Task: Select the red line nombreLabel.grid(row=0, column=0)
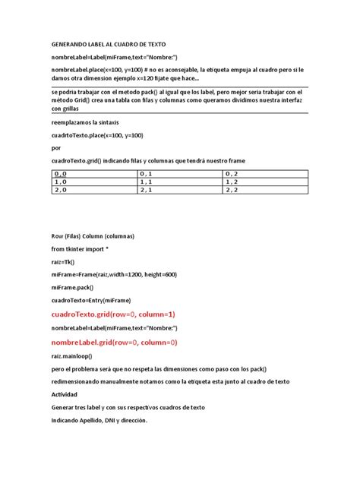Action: point(114,343)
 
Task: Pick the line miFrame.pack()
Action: point(74,287)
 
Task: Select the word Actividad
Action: point(65,394)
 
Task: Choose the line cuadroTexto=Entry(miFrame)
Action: point(91,300)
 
